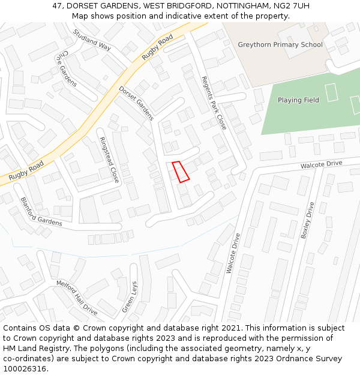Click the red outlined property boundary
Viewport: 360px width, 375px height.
click(x=181, y=171)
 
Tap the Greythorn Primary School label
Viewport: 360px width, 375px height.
click(x=280, y=45)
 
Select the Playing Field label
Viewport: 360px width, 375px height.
click(x=298, y=100)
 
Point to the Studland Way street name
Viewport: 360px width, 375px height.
click(x=92, y=40)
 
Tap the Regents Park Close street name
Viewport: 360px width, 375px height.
click(x=214, y=103)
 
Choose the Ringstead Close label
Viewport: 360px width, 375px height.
click(x=109, y=160)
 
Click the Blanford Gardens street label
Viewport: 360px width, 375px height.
click(x=41, y=212)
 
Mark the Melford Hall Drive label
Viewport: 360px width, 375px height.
click(x=77, y=298)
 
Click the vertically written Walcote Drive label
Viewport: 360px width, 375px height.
click(x=233, y=253)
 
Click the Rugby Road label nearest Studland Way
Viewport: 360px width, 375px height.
click(x=157, y=47)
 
